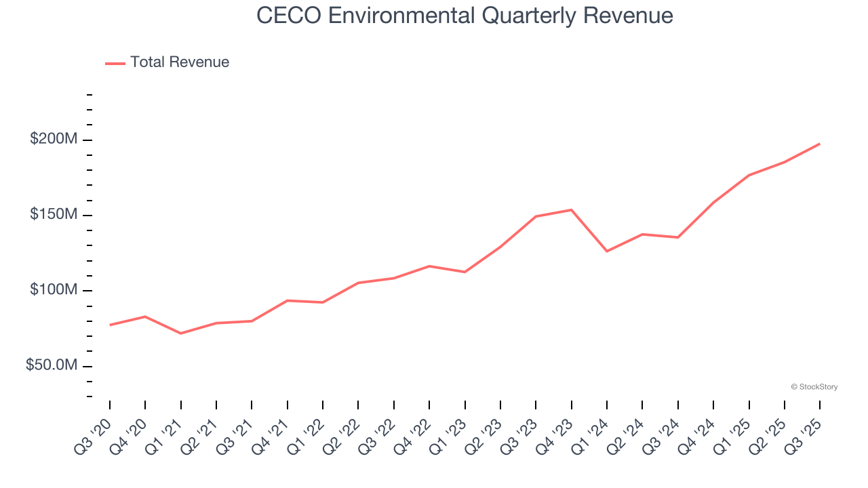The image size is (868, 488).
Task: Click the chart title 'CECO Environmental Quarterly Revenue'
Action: point(465,16)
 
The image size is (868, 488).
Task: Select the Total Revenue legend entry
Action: point(167,62)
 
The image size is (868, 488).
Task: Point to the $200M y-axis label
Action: point(54,140)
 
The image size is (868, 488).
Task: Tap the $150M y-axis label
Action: point(54,215)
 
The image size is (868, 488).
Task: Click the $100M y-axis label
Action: point(54,290)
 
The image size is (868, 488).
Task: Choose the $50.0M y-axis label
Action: point(52,365)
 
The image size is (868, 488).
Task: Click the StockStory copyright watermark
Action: point(814,387)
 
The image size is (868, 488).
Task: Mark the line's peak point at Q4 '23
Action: point(571,209)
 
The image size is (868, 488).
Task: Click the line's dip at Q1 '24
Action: point(607,251)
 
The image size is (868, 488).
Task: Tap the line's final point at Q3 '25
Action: point(819,144)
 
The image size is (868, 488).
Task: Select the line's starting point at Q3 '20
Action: point(110,325)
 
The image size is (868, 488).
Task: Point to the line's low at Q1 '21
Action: point(181,333)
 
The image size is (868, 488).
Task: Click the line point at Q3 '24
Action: point(677,237)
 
